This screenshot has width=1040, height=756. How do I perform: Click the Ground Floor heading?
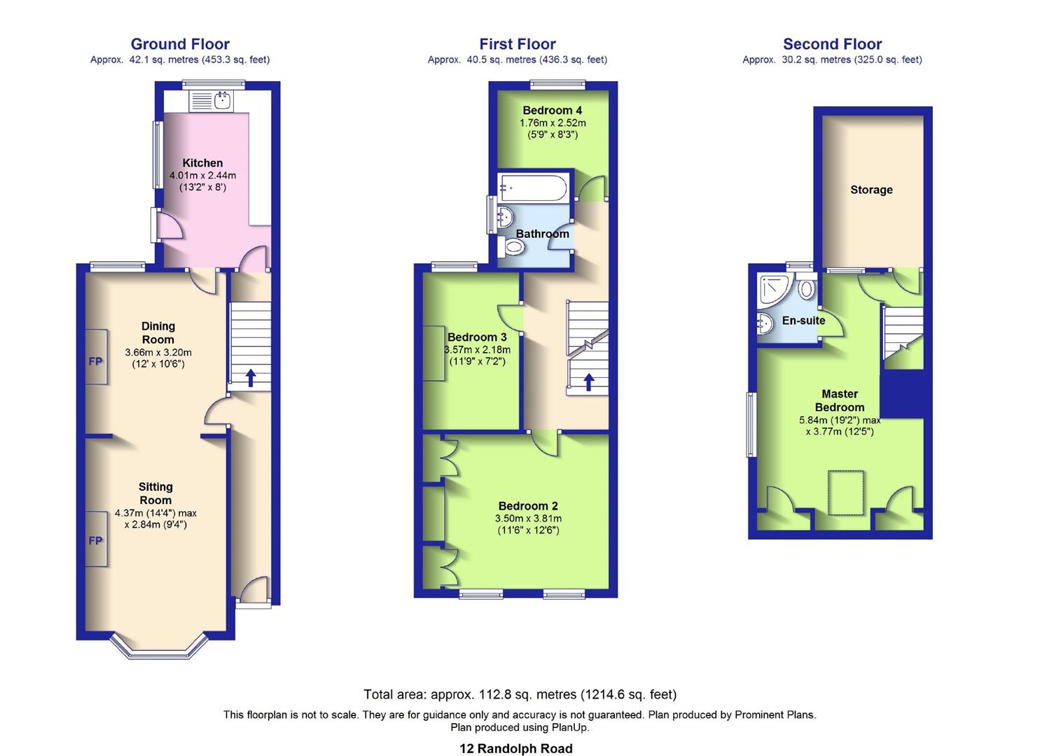pyautogui.click(x=180, y=44)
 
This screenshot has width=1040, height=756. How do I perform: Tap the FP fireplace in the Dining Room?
pyautogui.click(x=96, y=361)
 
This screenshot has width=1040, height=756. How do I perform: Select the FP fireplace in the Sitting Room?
pyautogui.click(x=96, y=540)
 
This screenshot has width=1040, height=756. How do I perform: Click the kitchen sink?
pyautogui.click(x=222, y=101)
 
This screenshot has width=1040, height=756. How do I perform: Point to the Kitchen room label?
pyautogui.click(x=202, y=162)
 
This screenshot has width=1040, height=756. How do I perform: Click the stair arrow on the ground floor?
pyautogui.click(x=250, y=378)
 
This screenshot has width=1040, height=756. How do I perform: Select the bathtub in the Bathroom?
pyautogui.click(x=533, y=188)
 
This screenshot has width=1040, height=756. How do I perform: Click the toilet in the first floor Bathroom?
pyautogui.click(x=513, y=247)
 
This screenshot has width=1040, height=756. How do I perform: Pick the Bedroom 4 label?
pyautogui.click(x=552, y=110)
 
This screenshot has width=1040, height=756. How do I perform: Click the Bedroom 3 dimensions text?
pyautogui.click(x=477, y=356)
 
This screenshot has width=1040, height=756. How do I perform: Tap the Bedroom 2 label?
pyautogui.click(x=528, y=505)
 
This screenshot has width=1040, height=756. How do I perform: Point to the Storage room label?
pyautogui.click(x=871, y=190)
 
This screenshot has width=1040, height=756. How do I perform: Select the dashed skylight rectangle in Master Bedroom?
pyautogui.click(x=846, y=492)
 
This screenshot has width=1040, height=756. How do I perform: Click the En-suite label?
pyautogui.click(x=803, y=321)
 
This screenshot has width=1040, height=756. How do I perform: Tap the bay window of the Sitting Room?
pyautogui.click(x=160, y=647)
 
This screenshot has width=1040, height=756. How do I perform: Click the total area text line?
pyautogui.click(x=520, y=694)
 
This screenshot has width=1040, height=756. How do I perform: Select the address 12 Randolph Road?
pyautogui.click(x=515, y=748)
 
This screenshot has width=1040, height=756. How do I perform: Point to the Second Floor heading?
pyautogui.click(x=832, y=44)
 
